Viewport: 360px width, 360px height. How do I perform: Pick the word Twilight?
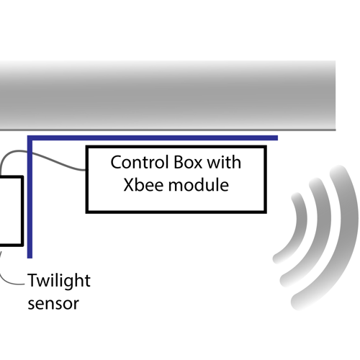coord(59,280)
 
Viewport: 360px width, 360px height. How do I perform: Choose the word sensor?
coord(53,303)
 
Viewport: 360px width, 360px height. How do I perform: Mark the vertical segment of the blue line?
coord(30,202)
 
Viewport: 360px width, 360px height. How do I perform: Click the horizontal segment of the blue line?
coord(158,137)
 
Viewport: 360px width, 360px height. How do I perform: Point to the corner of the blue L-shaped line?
coord(30,137)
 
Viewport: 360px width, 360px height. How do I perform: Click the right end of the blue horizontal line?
coord(276,137)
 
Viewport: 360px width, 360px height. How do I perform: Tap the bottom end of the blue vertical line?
coord(30,255)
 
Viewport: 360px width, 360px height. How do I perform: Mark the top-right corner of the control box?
coord(265,147)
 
